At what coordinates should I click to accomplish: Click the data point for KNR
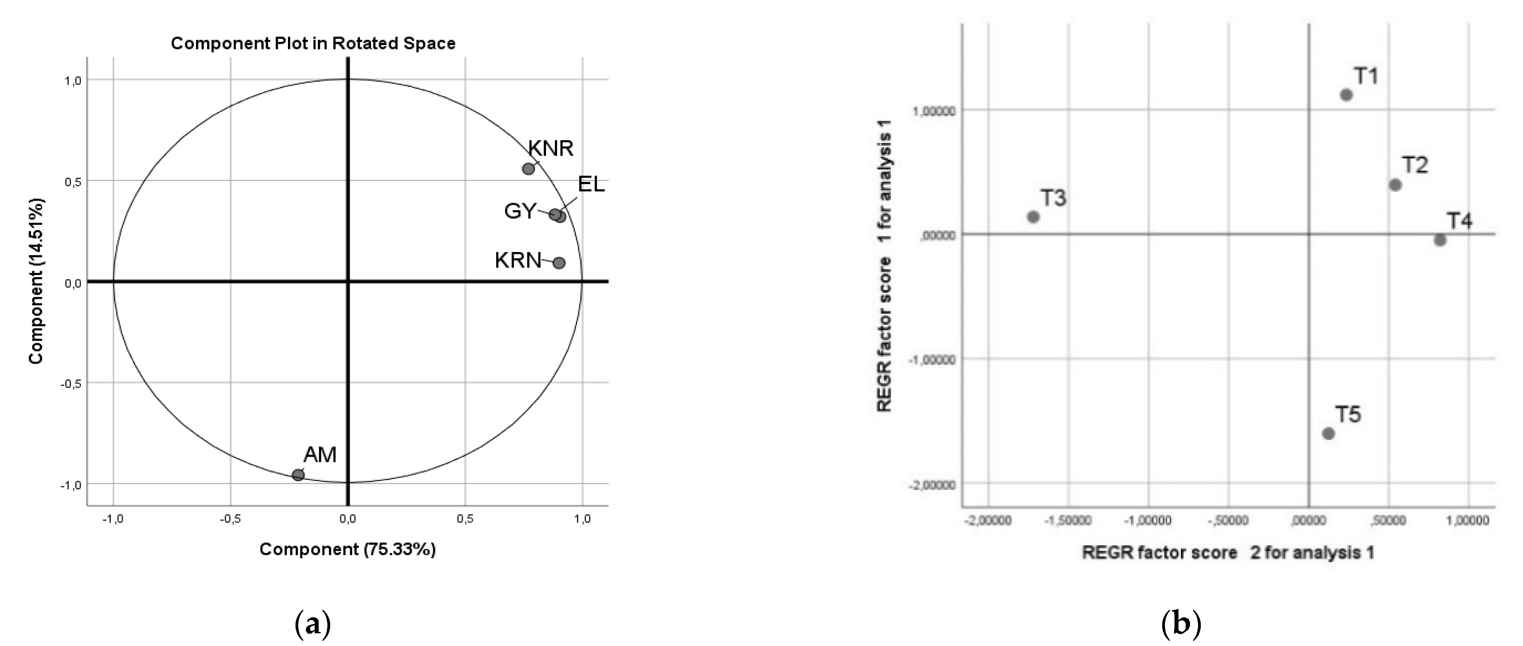pyautogui.click(x=529, y=169)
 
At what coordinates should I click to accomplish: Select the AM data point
pyautogui.click(x=298, y=475)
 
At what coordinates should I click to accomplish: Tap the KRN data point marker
pyautogui.click(x=559, y=263)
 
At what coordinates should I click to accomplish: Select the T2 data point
pyautogui.click(x=1395, y=185)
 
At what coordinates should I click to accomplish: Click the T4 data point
pyautogui.click(x=1440, y=240)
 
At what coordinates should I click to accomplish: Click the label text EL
pyautogui.click(x=591, y=184)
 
